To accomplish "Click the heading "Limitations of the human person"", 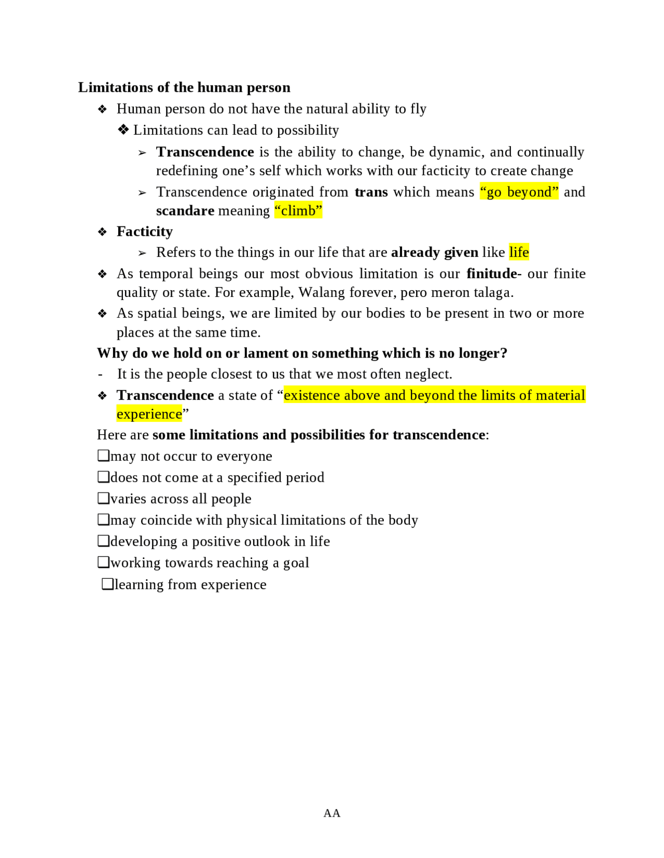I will pyautogui.click(x=184, y=87).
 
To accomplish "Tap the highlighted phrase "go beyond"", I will pyautogui.click(x=519, y=192).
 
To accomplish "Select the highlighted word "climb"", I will pyautogui.click(x=298, y=211).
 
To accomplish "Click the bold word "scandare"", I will pyautogui.click(x=185, y=211).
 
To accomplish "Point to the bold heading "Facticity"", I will pyautogui.click(x=145, y=232).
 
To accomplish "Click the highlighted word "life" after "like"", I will pyautogui.click(x=519, y=252).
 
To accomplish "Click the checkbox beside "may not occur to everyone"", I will pyautogui.click(x=103, y=455).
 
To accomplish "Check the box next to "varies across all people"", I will pyautogui.click(x=103, y=498).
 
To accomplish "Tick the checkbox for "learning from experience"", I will pyautogui.click(x=107, y=584).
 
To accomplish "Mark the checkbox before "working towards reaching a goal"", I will pyautogui.click(x=103, y=562).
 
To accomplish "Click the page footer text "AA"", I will pyautogui.click(x=332, y=813).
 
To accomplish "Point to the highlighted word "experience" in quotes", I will pyautogui.click(x=149, y=414).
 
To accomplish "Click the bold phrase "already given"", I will pyautogui.click(x=435, y=252).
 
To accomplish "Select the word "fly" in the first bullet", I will pyautogui.click(x=418, y=109).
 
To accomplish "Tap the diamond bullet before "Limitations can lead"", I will pyautogui.click(x=123, y=130).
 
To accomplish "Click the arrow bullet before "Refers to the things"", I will pyautogui.click(x=142, y=253).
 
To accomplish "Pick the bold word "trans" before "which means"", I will pyautogui.click(x=371, y=192).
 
